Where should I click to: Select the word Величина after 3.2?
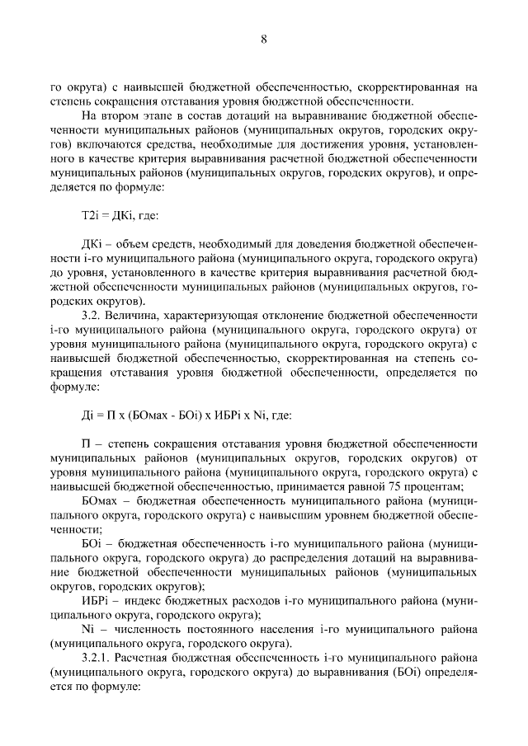pyautogui.click(x=135, y=315)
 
